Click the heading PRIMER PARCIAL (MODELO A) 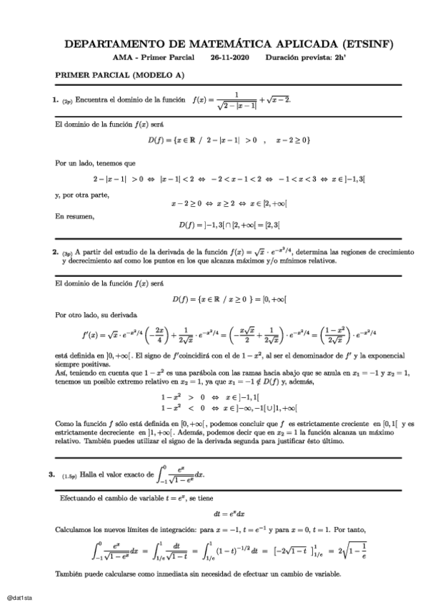point(120,75)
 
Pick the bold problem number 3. point(52,473)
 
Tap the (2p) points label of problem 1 point(67,102)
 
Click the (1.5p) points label point(69,475)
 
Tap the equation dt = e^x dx point(229,513)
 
